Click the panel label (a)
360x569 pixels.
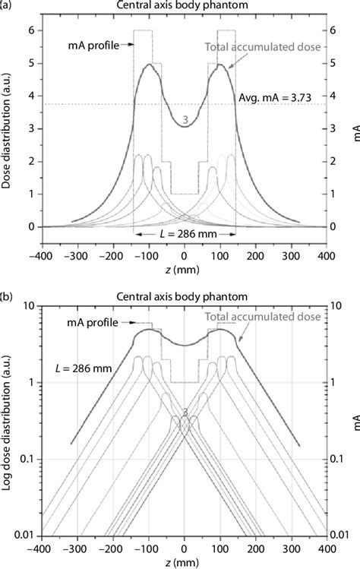click(7, 6)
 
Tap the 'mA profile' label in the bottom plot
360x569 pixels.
click(90, 323)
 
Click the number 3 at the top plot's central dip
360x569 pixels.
click(185, 120)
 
